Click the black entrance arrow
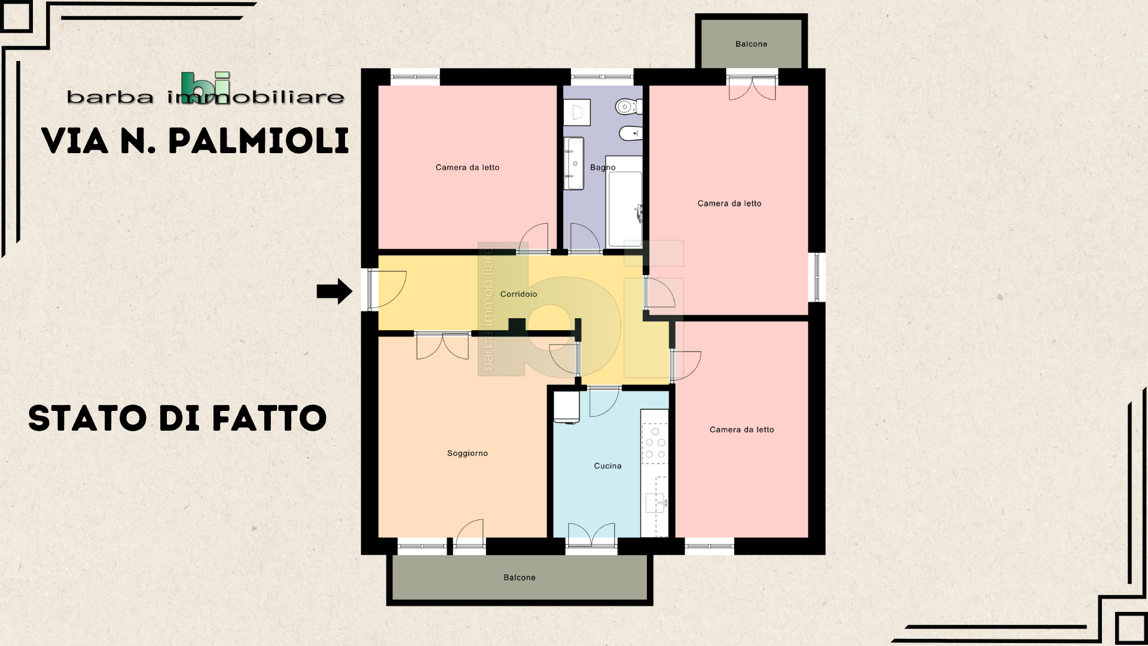[334, 291]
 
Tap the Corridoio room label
[518, 294]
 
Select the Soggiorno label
[468, 453]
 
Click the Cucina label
[607, 466]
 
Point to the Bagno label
[603, 167]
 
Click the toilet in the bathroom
[628, 107]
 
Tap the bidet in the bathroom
[631, 133]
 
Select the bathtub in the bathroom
[625, 202]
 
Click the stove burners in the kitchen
[655, 443]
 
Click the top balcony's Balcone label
[751, 44]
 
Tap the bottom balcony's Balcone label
[520, 578]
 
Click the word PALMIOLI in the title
[258, 141]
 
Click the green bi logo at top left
[205, 88]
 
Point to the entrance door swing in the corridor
[387, 290]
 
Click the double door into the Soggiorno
[442, 346]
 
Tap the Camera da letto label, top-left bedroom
[467, 167]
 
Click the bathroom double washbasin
[574, 163]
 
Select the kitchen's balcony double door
[591, 534]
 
